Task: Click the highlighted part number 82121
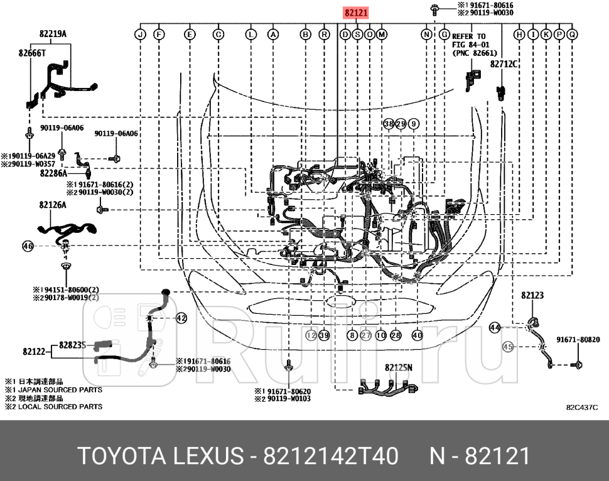pyautogui.click(x=355, y=13)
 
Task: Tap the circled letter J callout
pyautogui.click(x=141, y=35)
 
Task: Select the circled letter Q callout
pyautogui.click(x=572, y=35)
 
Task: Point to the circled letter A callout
pyautogui.click(x=273, y=35)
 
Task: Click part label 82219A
pyautogui.click(x=53, y=34)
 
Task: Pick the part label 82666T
pyautogui.click(x=32, y=54)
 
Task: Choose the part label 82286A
pyautogui.click(x=54, y=173)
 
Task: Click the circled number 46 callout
pyautogui.click(x=28, y=246)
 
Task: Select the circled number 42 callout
pyautogui.click(x=181, y=318)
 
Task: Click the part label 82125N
pyautogui.click(x=398, y=367)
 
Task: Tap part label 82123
pyautogui.click(x=532, y=295)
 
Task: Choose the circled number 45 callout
pyautogui.click(x=508, y=346)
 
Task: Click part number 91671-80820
pyautogui.click(x=578, y=340)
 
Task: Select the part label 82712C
pyautogui.click(x=504, y=64)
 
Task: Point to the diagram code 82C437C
pyautogui.click(x=582, y=408)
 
